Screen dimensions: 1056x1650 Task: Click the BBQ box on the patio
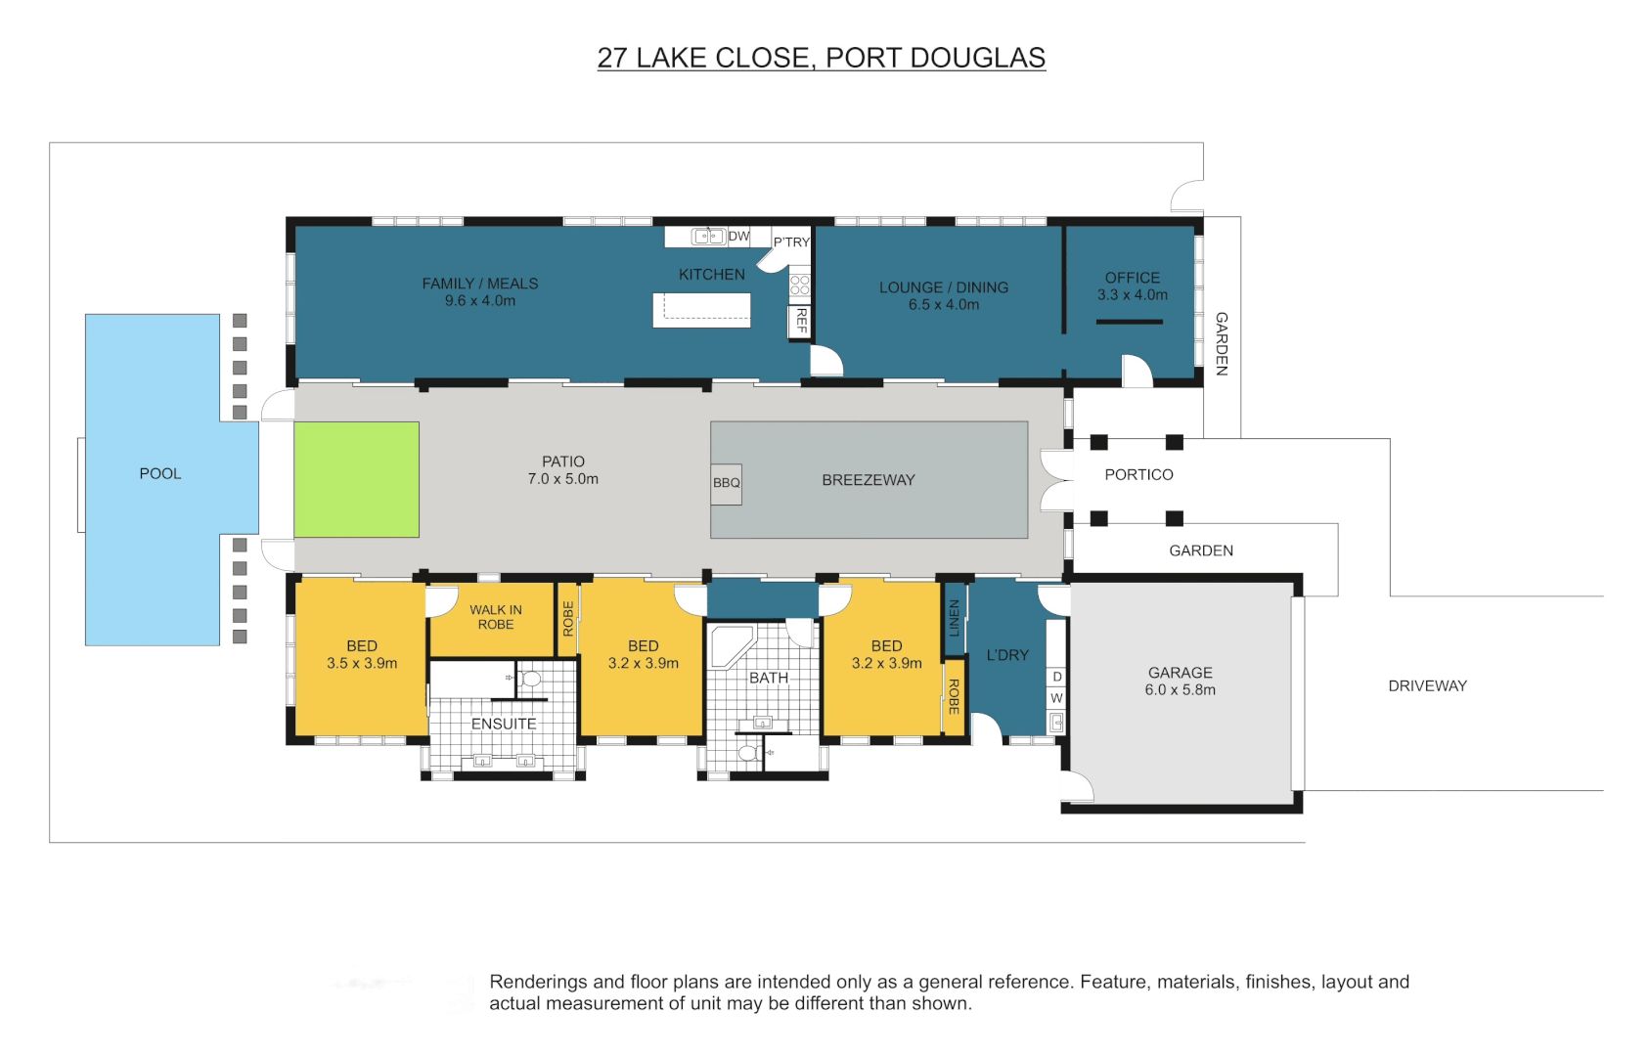(x=726, y=483)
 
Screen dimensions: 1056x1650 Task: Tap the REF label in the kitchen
(x=801, y=320)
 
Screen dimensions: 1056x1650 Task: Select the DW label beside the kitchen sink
(x=738, y=237)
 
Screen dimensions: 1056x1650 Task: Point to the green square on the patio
(x=356, y=479)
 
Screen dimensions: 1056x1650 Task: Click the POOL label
(x=160, y=474)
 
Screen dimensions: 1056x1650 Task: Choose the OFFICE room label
(x=1132, y=278)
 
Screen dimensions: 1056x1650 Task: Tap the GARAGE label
(x=1180, y=673)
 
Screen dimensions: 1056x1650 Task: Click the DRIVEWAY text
(x=1427, y=686)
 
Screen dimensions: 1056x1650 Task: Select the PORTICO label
(x=1138, y=475)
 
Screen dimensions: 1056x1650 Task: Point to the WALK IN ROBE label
(x=496, y=617)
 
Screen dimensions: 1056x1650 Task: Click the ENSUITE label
(x=504, y=725)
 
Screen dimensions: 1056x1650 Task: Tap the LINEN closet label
(x=955, y=617)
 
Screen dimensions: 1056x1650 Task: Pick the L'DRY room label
(x=1007, y=655)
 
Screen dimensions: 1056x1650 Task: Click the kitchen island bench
(x=701, y=310)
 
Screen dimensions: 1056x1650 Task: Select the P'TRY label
(x=791, y=242)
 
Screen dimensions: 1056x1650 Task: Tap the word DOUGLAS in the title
(x=977, y=58)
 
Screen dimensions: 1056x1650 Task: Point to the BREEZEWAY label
(x=869, y=480)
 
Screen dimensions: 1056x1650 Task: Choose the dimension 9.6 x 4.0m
(x=479, y=301)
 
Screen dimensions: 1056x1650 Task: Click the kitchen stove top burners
(x=800, y=286)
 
